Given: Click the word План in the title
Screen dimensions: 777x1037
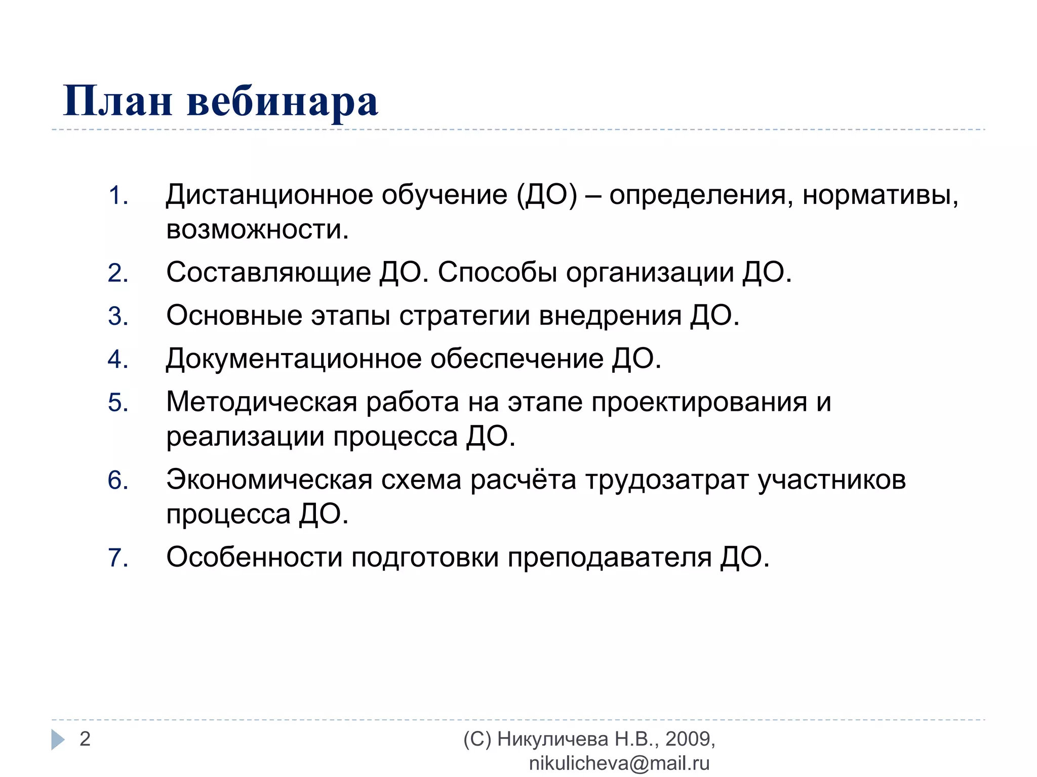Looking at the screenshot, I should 117,101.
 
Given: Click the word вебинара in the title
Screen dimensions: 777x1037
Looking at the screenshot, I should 283,101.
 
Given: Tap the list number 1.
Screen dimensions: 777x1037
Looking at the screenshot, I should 117,196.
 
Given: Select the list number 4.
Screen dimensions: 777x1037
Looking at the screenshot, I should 117,359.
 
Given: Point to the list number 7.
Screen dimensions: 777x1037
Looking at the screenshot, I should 117,557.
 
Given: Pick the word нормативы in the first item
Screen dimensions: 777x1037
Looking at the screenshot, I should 880,195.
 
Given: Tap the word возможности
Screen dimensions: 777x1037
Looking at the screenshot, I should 257,230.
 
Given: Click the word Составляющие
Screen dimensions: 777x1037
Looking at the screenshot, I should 268,273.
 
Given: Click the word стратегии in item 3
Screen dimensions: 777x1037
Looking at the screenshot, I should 464,316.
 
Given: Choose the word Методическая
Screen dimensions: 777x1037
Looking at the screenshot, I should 262,402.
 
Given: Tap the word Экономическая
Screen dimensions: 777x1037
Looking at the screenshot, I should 269,480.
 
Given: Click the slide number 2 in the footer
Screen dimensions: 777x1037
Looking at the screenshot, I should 85,739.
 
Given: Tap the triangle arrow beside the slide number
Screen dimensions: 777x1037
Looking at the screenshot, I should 58,740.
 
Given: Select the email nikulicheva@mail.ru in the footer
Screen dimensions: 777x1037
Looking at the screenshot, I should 619,763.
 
